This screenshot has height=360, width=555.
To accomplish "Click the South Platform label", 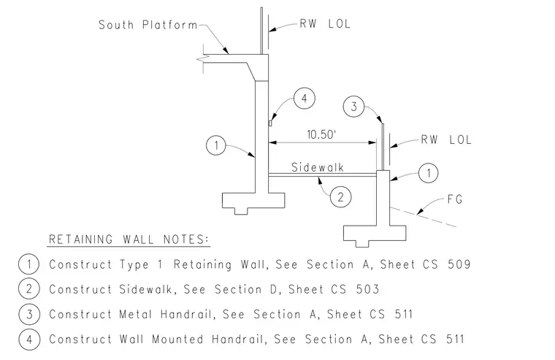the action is (x=148, y=25).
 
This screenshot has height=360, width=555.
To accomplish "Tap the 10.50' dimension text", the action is (x=321, y=134).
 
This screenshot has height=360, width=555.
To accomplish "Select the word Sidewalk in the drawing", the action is (x=318, y=167).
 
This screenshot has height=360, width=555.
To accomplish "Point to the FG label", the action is (x=455, y=199).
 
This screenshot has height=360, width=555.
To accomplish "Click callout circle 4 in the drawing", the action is (x=305, y=99).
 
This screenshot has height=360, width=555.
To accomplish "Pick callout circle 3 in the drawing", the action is (x=353, y=107).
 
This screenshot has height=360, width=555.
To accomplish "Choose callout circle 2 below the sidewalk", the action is (x=340, y=197).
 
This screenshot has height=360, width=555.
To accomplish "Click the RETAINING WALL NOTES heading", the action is (x=129, y=240).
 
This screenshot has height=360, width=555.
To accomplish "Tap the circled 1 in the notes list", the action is (x=29, y=264).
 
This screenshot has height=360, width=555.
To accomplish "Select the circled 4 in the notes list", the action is (x=29, y=339).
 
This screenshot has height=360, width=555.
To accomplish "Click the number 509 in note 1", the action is (x=459, y=264).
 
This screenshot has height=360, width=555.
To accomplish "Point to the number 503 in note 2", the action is (x=368, y=289).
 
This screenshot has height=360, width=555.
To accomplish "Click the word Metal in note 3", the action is (x=135, y=314).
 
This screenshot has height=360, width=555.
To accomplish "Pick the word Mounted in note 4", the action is (x=177, y=339).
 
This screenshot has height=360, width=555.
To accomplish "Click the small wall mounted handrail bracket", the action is (x=270, y=123).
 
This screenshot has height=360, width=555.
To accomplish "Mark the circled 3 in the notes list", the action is (x=29, y=314).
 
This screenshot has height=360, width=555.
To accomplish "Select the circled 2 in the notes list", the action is (x=29, y=289).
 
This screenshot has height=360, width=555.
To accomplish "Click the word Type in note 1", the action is (x=134, y=264).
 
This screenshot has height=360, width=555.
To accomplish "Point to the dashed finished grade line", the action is (x=423, y=216).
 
